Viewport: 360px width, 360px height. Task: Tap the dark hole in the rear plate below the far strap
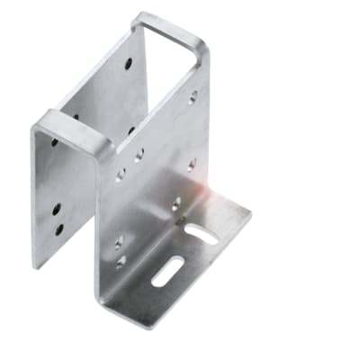click(128, 65)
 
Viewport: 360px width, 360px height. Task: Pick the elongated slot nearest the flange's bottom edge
click(167, 271)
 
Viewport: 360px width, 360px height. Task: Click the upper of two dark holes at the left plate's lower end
click(57, 209)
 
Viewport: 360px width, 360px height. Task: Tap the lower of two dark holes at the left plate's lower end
click(59, 229)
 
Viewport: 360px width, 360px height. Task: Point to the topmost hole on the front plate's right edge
click(193, 96)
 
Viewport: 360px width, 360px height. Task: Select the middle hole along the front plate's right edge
click(192, 164)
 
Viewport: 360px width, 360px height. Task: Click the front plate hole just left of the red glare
click(176, 203)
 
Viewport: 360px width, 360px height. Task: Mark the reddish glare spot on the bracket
click(212, 191)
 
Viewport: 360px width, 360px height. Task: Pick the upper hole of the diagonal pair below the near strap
click(139, 155)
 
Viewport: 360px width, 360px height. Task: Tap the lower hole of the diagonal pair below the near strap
click(121, 175)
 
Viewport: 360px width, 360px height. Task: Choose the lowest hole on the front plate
click(121, 262)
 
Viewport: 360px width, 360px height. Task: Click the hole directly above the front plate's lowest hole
click(119, 240)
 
